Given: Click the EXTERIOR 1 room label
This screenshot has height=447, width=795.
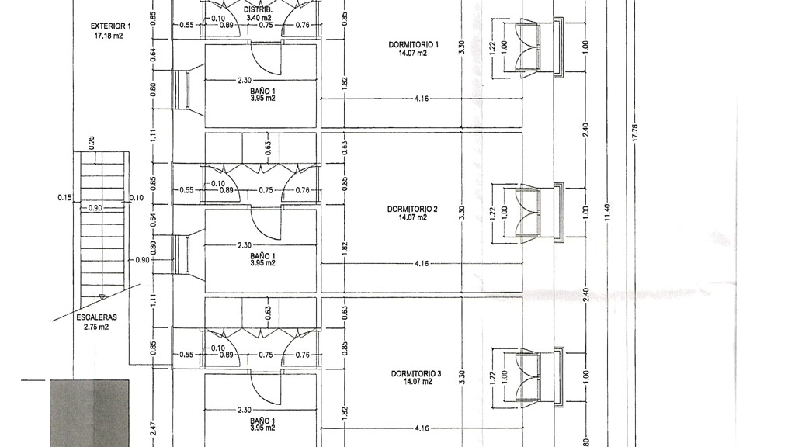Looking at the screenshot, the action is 110,26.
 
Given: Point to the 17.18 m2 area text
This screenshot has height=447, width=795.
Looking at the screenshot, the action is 109,36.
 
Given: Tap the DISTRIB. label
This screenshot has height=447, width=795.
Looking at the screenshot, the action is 258,9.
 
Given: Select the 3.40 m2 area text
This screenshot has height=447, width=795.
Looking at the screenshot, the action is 259,18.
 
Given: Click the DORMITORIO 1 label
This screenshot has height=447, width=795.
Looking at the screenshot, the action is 414,44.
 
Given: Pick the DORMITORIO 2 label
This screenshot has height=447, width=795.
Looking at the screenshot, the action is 412,209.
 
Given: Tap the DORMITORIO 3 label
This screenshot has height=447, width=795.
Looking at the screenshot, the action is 416,373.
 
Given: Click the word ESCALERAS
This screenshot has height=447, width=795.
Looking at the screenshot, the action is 97,317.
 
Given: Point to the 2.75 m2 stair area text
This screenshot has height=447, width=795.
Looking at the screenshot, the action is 96,327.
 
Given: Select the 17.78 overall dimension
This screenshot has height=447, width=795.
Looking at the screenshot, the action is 635,133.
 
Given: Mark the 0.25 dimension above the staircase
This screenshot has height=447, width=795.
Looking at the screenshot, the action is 92,143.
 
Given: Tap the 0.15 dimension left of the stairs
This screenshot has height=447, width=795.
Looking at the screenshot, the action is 64,198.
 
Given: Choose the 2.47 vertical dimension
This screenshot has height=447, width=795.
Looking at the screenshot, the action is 154,430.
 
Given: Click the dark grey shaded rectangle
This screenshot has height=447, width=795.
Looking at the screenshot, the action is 90,413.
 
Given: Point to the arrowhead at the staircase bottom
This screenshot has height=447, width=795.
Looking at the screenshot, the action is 102,297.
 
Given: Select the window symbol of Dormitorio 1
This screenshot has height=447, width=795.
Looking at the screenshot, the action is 539,48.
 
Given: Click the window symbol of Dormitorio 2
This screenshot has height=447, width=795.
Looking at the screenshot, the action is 539,213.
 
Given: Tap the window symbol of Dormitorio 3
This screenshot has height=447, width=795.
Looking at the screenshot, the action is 539,377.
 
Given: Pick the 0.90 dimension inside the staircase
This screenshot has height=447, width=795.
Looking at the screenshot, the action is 95,208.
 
